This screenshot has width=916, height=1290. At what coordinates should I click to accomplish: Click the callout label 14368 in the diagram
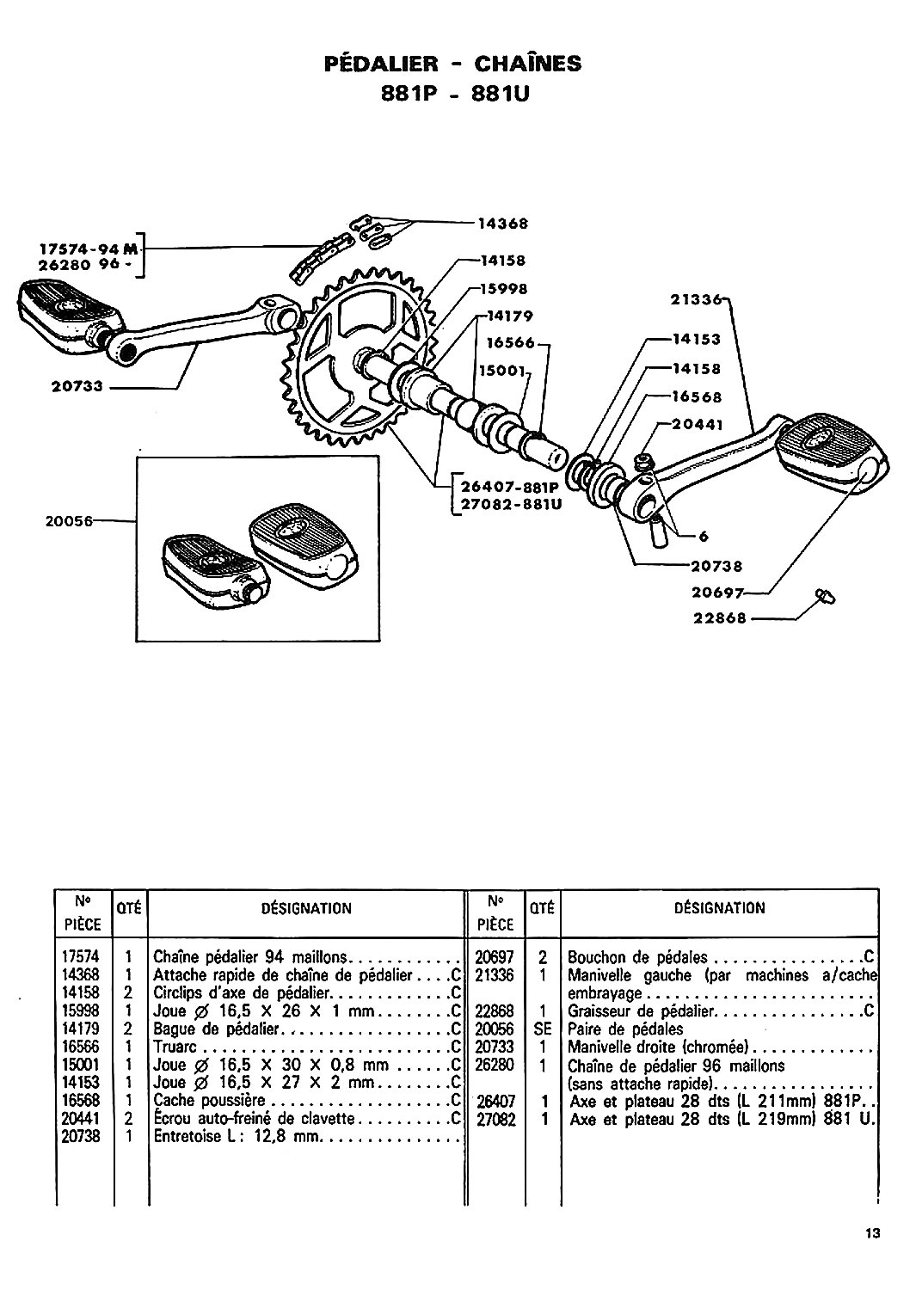point(502,224)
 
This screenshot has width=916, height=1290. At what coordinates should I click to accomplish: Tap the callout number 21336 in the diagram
point(696,299)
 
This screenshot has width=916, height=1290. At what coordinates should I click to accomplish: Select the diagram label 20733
point(77,386)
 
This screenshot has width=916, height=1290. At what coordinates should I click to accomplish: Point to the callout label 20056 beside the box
point(69,521)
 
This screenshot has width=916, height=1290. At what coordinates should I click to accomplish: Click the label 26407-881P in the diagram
point(510,488)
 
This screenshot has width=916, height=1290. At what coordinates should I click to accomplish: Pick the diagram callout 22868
point(719,618)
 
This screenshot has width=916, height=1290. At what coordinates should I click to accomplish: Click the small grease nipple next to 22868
point(826,597)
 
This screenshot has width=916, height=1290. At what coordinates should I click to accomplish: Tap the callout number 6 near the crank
point(704,537)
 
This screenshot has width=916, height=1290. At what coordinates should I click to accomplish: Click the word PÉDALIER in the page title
point(381,63)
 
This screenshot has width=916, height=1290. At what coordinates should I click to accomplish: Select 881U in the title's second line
point(500,94)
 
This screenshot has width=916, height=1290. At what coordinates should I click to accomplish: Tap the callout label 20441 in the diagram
point(697,425)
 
